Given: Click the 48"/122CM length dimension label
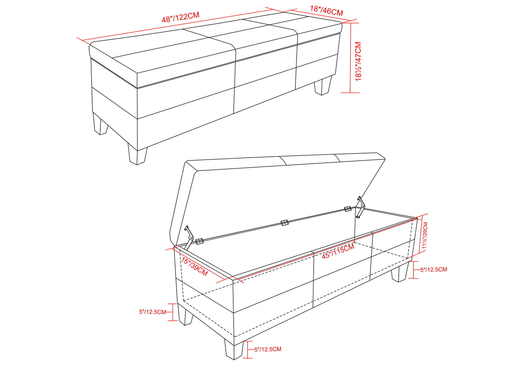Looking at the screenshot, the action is click(x=181, y=17).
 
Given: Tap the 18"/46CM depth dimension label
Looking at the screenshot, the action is click(x=326, y=11).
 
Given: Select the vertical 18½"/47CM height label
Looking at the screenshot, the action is click(x=358, y=61).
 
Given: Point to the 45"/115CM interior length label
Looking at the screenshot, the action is click(x=338, y=251).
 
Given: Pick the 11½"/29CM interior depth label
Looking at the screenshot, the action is click(x=425, y=235).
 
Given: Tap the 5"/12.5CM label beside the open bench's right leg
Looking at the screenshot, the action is click(x=433, y=270).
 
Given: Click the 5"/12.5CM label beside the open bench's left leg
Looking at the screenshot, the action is click(x=153, y=312).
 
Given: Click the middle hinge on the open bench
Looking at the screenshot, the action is click(x=284, y=223).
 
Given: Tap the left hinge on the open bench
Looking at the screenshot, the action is click(x=199, y=241).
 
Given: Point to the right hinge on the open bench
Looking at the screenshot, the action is click(x=348, y=209).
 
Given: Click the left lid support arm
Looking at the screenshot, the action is click(x=189, y=238).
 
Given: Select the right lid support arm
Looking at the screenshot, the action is click(x=361, y=207).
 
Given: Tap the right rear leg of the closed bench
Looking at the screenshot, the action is click(x=323, y=85).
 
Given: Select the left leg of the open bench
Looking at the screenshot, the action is click(x=185, y=315).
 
